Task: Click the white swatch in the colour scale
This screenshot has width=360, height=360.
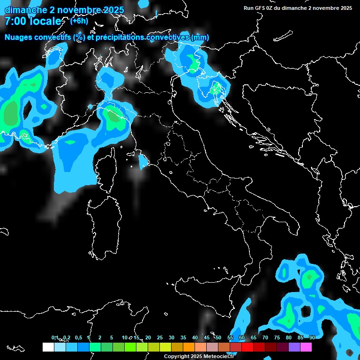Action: coord(48,347)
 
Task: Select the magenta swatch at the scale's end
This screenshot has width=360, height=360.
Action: coord(306,347)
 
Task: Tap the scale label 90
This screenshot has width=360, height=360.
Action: coord(312,337)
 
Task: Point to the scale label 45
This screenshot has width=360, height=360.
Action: coord(207,337)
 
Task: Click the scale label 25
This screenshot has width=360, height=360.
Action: coord(160,337)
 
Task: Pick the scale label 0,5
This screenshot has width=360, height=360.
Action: coord(78,337)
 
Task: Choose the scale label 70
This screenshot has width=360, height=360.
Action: coord(265,337)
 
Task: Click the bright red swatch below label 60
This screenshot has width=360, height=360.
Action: coord(247,347)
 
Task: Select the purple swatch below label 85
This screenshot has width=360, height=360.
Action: coord(294,347)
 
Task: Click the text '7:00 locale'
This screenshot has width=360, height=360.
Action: coord(33,21)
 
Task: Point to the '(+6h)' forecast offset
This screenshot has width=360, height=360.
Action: coord(79,21)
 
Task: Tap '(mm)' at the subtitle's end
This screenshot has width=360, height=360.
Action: coord(200,37)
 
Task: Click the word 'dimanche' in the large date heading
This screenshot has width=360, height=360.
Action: coord(23,9)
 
